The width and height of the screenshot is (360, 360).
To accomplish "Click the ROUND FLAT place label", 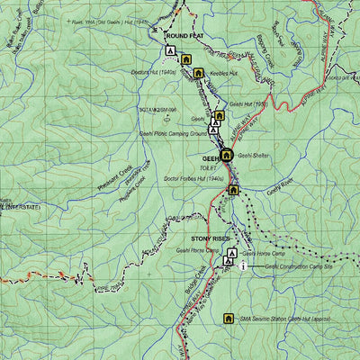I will pyautogui.click(x=185, y=37).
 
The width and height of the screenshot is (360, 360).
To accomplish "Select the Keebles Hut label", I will pyautogui.click(x=220, y=73).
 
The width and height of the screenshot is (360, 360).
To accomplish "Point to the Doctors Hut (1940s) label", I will pyautogui.click(x=151, y=72).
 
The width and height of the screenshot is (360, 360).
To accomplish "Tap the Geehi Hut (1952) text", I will pyautogui.click(x=249, y=103).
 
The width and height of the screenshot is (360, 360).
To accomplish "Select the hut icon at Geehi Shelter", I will pyautogui.click(x=227, y=155).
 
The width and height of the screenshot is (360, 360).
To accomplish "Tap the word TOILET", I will pyautogui.click(x=209, y=166).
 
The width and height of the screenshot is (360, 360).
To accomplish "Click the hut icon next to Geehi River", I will pyautogui.click(x=233, y=190).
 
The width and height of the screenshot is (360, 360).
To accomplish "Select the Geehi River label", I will pyautogui.click(x=281, y=190).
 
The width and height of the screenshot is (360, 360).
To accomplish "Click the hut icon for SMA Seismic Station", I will pyautogui.click(x=229, y=318).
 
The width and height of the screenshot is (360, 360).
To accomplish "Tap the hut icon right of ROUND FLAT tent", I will pyautogui.click(x=185, y=59).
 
